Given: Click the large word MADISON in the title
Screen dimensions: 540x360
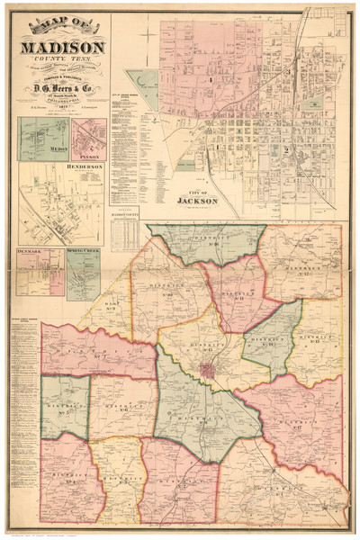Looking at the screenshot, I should tap(60, 48).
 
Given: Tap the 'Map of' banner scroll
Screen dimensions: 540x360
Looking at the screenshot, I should tap(60, 24).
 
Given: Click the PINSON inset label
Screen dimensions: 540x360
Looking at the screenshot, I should tap(90, 155).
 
